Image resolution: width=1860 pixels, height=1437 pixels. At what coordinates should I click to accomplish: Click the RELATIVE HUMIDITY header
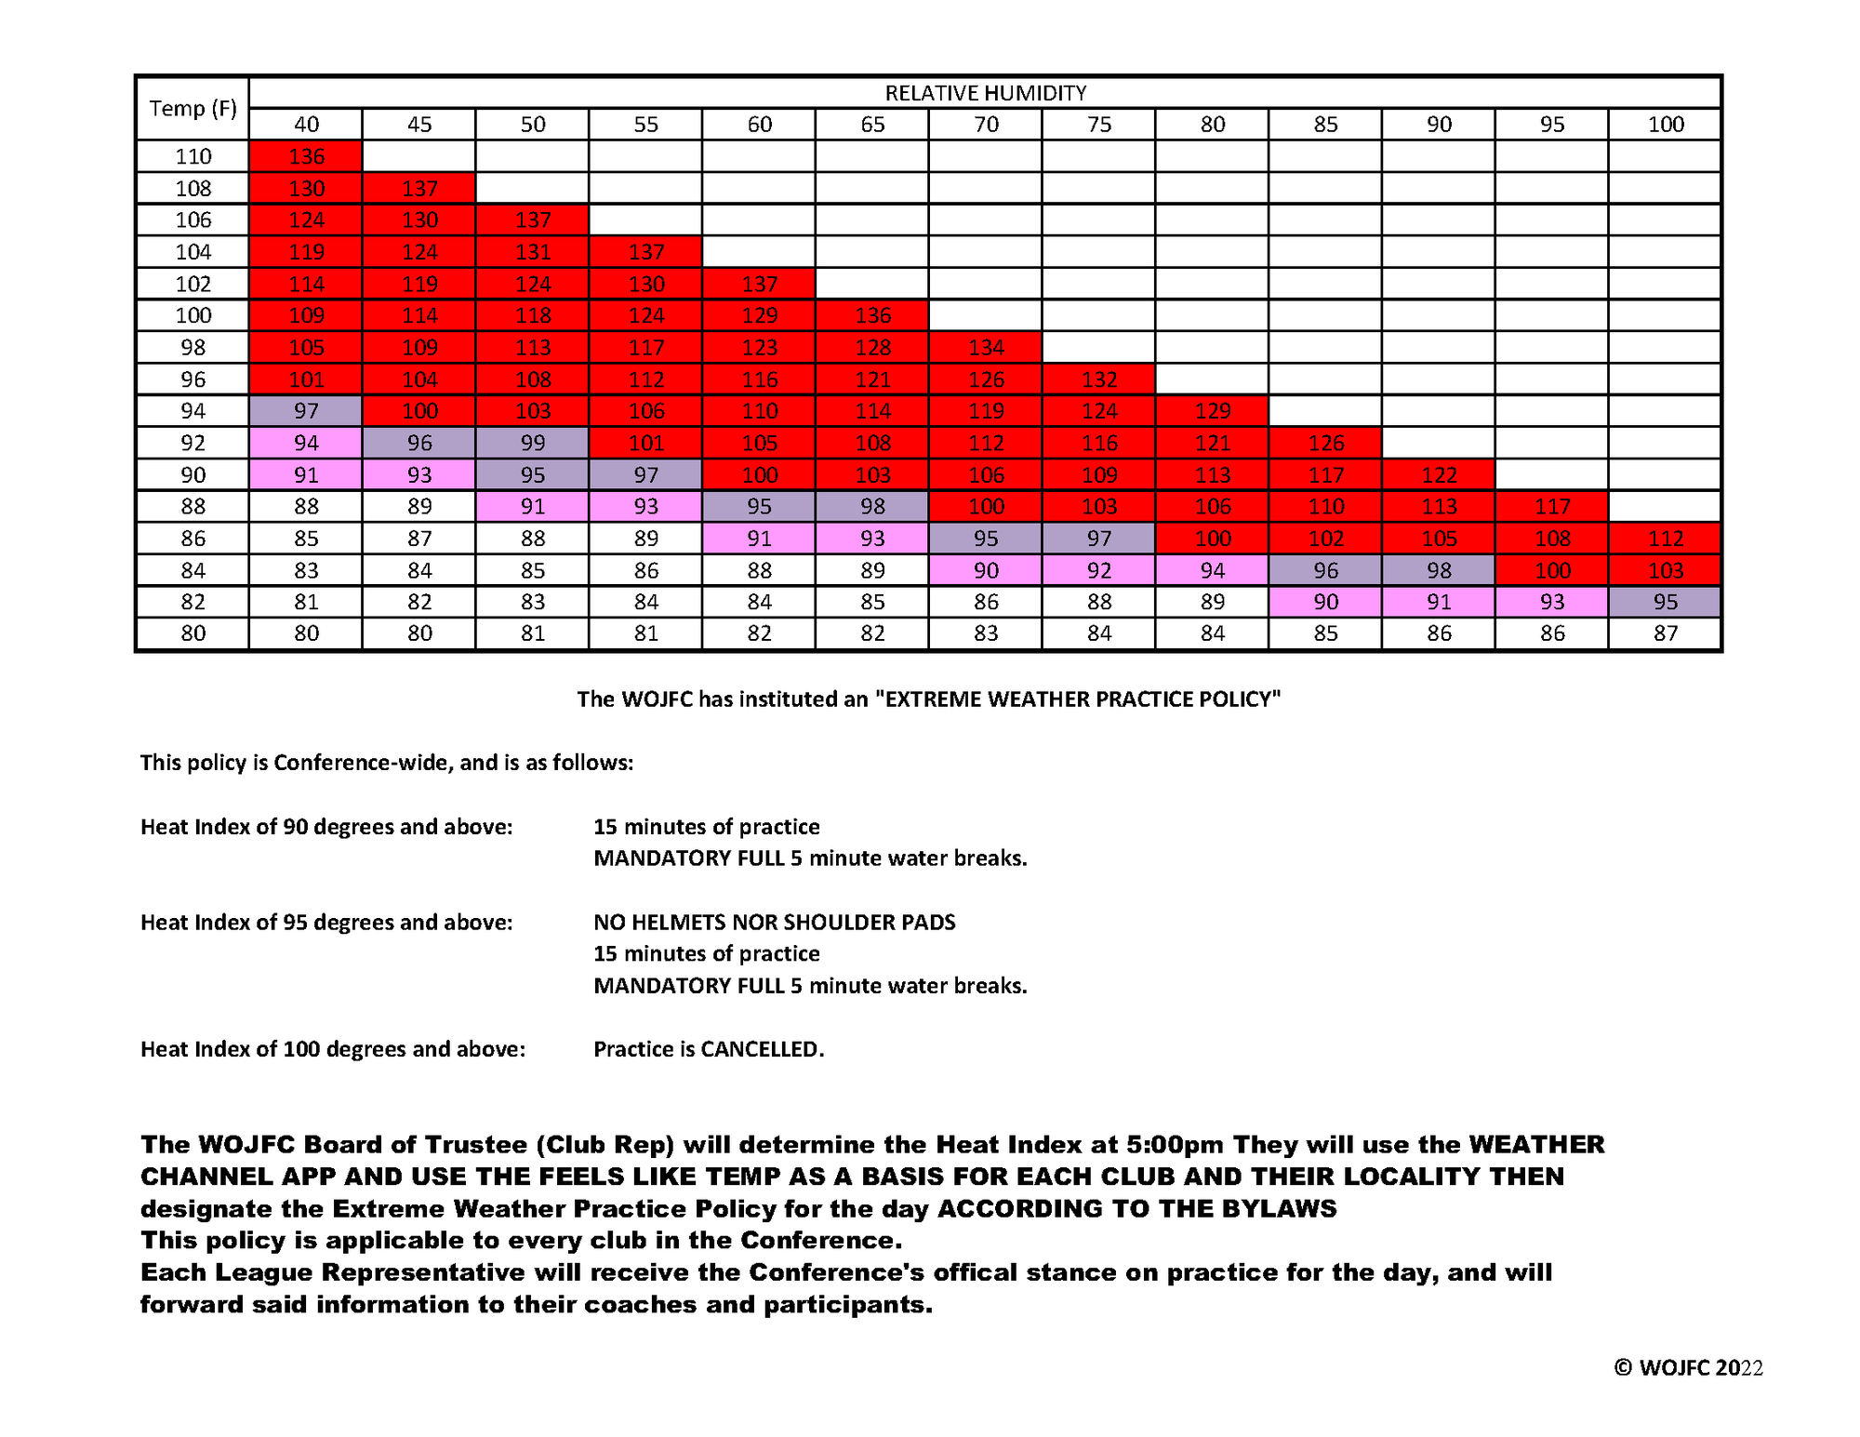coord(985,93)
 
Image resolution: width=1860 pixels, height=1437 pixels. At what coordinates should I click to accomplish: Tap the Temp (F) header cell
coord(193,108)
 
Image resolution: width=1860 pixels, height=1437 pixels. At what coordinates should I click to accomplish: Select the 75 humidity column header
coord(1098,125)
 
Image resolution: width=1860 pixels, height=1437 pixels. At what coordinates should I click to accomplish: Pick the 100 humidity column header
coord(1665,125)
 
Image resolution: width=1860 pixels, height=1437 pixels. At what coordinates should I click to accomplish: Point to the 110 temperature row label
coord(193,156)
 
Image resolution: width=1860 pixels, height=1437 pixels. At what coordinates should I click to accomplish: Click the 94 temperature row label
coord(193,411)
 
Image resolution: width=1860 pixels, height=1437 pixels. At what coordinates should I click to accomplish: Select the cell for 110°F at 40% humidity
coord(306,156)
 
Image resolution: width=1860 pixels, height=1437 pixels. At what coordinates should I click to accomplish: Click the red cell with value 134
coord(986,348)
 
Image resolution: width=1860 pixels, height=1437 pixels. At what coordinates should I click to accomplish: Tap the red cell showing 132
coord(1098,379)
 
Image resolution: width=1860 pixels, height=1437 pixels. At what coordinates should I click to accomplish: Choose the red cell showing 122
coord(1439,475)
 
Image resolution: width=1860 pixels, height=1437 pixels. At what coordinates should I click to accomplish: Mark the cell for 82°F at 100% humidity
coord(1665,602)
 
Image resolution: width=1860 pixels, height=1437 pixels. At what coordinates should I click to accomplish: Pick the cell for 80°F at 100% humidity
coord(1665,633)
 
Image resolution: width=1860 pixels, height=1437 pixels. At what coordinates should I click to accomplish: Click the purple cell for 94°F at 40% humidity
coord(306,411)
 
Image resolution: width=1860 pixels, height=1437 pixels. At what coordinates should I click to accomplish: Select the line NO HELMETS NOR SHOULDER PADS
coord(775,923)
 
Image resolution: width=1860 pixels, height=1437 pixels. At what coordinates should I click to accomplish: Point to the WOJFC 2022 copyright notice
coord(1688,1367)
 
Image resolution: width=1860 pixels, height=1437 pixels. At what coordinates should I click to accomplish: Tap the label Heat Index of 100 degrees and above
coord(332,1049)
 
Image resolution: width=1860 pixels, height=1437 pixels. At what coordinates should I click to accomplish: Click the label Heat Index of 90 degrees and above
coord(326,827)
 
